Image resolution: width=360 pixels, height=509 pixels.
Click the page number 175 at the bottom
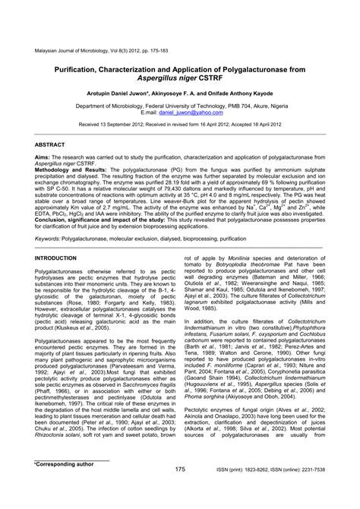point(180,491)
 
